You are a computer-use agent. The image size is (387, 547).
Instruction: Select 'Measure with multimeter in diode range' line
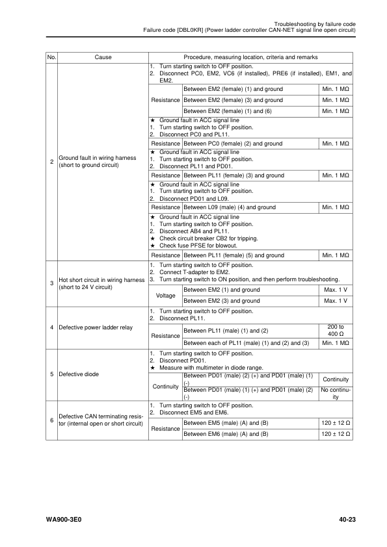[x=211, y=368]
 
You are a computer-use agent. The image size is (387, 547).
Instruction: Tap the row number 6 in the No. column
[x=51, y=420]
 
